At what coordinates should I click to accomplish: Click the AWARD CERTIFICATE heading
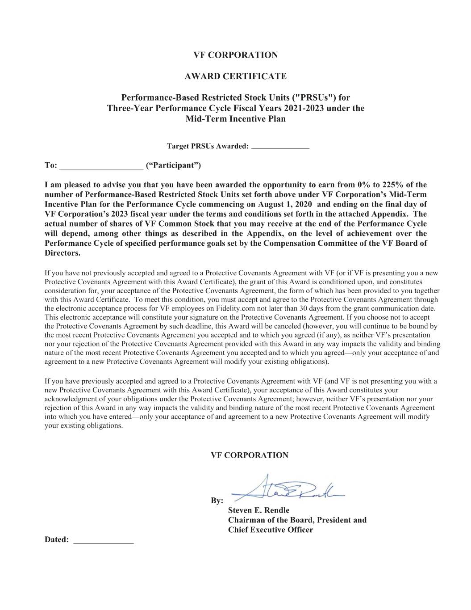click(x=235, y=76)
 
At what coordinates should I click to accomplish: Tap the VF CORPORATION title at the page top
click(x=235, y=55)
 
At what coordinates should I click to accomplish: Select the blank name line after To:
click(x=101, y=166)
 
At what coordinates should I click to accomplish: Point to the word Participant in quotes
click(x=173, y=166)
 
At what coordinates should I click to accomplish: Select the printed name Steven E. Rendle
click(x=258, y=510)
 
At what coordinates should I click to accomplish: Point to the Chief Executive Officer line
click(x=270, y=530)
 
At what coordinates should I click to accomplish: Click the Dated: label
click(x=57, y=540)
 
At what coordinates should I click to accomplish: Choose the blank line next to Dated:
click(x=103, y=541)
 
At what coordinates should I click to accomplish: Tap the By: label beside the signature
click(x=217, y=501)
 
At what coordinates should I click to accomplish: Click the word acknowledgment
click(x=69, y=399)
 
